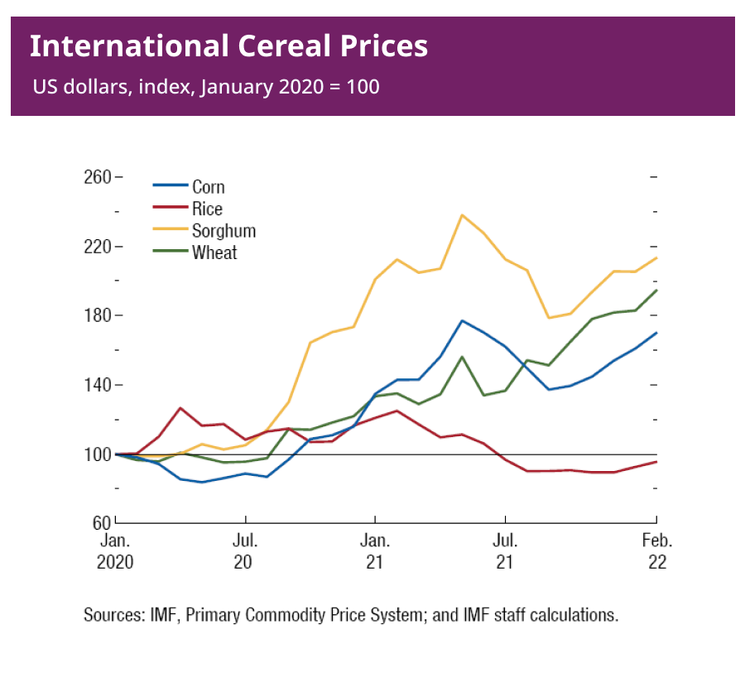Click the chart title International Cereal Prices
(x=228, y=46)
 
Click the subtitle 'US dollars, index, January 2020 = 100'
(x=206, y=86)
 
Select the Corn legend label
(x=209, y=187)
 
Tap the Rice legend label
(x=207, y=209)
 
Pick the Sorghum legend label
(x=223, y=231)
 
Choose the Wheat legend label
(x=214, y=253)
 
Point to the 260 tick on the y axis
(x=97, y=178)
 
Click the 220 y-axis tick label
(x=97, y=247)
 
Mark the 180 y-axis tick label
(x=97, y=316)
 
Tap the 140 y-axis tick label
(x=97, y=386)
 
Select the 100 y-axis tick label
(x=97, y=454)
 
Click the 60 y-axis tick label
(x=101, y=523)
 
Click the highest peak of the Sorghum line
(x=462, y=215)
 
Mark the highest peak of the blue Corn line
(x=462, y=320)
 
